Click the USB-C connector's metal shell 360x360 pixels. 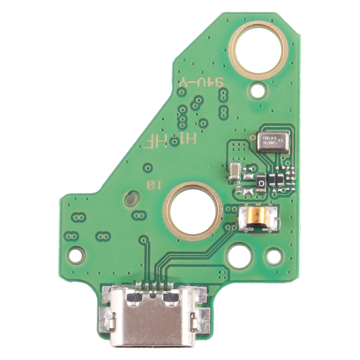[x=152, y=322]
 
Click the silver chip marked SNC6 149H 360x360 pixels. [x=273, y=142]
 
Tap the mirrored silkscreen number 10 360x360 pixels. [x=155, y=184]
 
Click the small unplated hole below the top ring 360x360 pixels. [x=259, y=89]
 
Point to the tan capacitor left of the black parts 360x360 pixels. [x=234, y=172]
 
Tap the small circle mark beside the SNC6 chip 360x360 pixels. [x=252, y=136]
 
